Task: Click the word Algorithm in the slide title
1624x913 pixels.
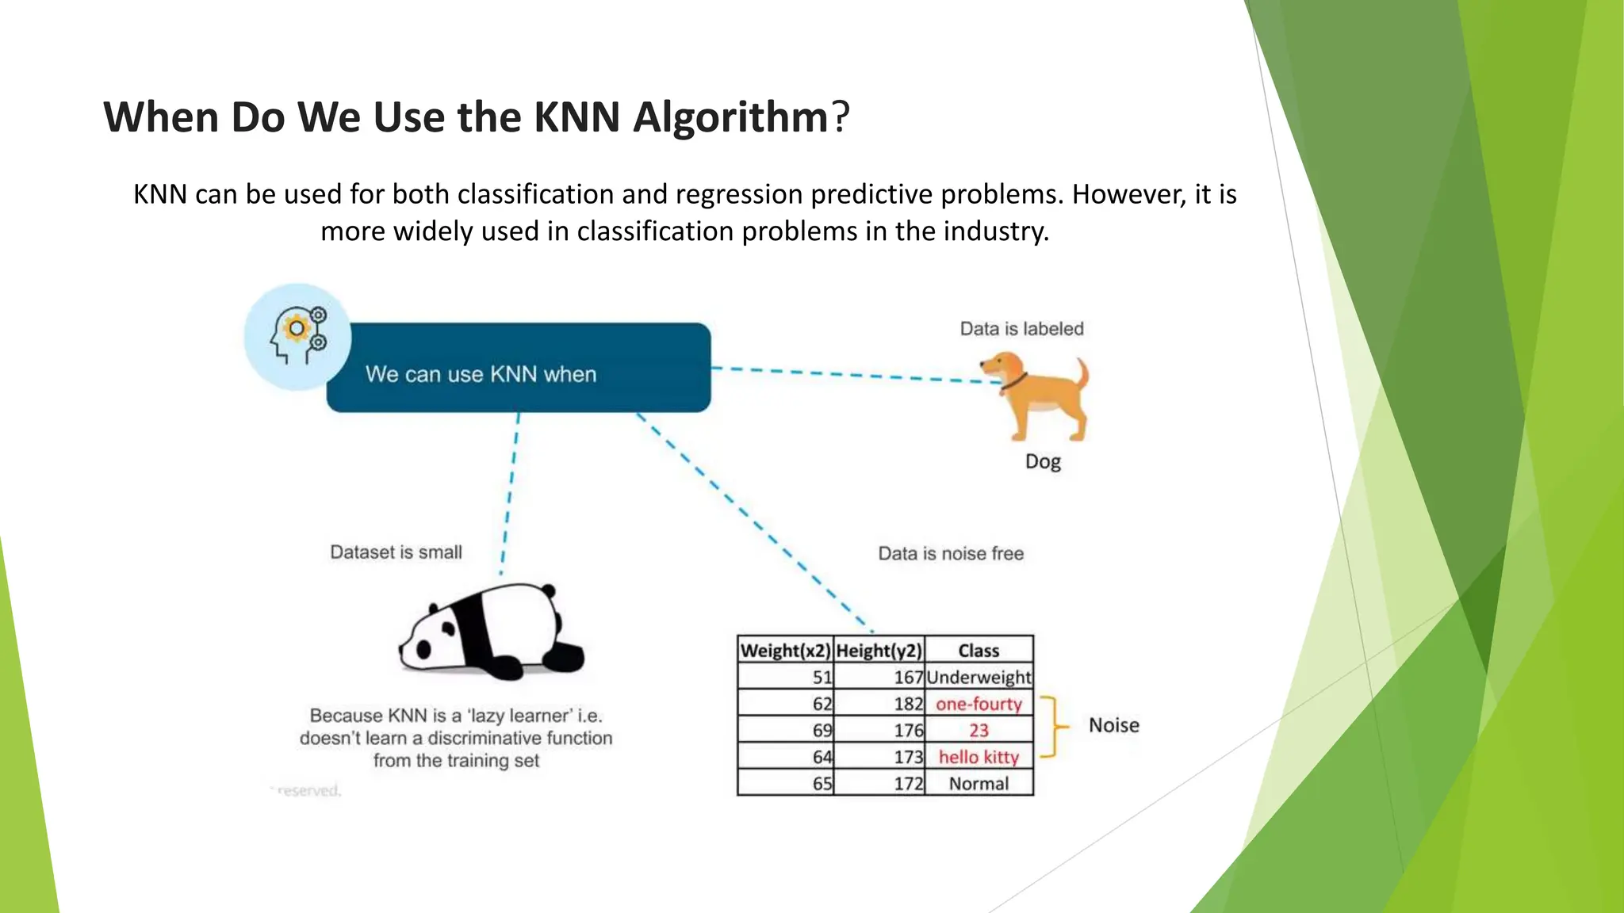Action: (x=730, y=117)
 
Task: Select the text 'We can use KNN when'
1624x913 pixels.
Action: (x=481, y=374)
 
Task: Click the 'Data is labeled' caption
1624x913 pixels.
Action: (x=1021, y=329)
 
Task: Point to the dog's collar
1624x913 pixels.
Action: (x=1013, y=383)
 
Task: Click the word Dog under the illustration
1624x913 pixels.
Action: (x=1043, y=461)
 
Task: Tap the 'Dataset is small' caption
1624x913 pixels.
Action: (x=396, y=552)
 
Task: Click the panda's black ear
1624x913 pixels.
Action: (x=548, y=591)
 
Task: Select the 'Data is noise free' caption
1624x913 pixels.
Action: (x=951, y=553)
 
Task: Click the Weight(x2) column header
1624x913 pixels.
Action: (x=785, y=651)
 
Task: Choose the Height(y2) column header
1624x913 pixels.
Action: (x=879, y=651)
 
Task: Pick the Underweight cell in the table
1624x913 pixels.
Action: (x=979, y=678)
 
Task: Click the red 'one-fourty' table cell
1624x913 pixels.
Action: (x=979, y=704)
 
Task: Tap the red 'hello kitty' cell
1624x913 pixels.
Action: (x=979, y=757)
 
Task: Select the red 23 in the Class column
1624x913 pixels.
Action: (x=979, y=731)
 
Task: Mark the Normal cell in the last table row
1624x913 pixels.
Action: (x=979, y=784)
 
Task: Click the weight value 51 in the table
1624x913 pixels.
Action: (x=822, y=678)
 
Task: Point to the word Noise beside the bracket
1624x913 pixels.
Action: (x=1113, y=725)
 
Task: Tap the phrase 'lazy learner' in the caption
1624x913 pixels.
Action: (x=520, y=716)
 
